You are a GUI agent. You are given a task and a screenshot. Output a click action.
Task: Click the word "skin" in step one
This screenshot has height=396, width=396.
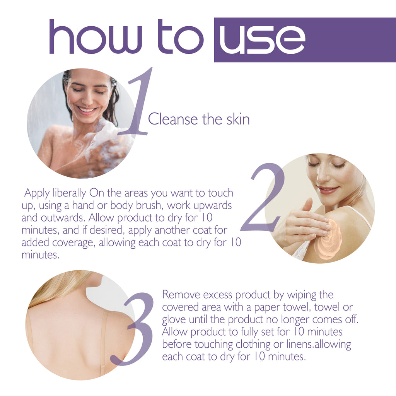(236, 119)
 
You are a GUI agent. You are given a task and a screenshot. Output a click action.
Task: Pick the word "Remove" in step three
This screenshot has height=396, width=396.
(180, 295)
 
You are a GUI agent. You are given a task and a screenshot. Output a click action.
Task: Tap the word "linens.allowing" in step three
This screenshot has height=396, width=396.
(317, 344)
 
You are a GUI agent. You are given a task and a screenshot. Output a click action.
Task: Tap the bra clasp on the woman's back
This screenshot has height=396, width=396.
(103, 366)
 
